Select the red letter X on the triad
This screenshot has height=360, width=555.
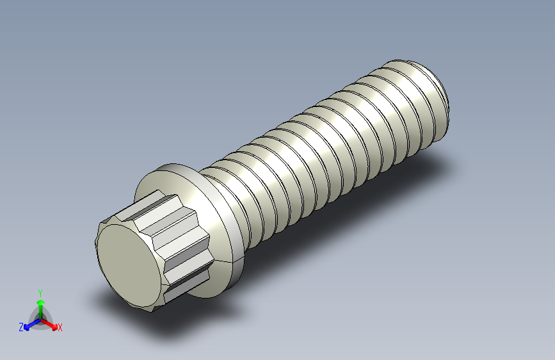point(60,328)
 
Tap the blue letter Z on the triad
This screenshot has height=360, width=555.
point(21,327)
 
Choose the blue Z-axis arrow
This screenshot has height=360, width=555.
point(29,323)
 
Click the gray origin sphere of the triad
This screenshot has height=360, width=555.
point(40,318)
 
